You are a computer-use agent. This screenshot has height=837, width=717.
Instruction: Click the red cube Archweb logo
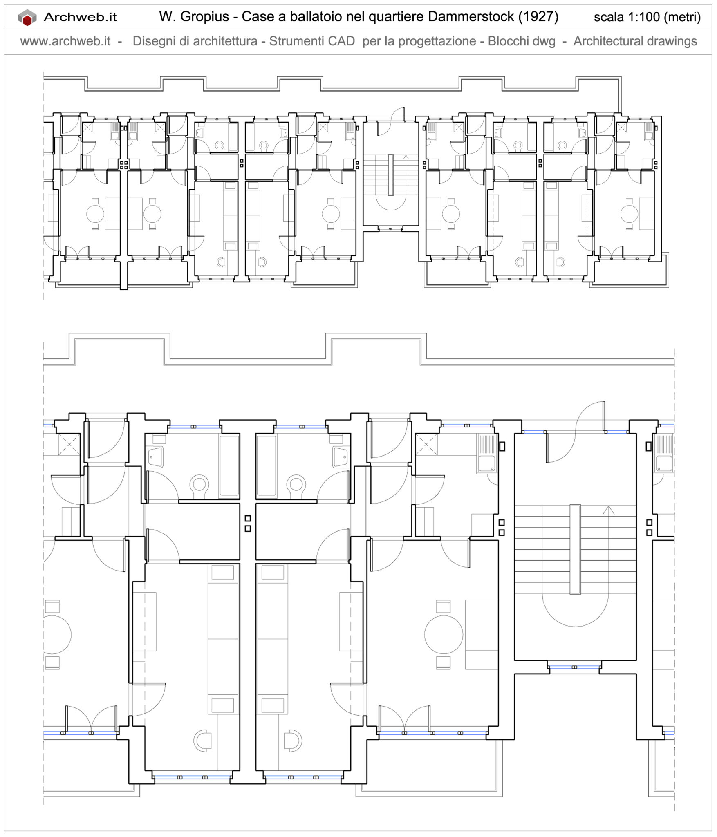[x=27, y=18]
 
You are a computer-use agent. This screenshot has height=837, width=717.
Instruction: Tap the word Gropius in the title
[x=204, y=17]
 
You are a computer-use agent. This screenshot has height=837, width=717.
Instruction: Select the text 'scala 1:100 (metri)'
[x=647, y=17]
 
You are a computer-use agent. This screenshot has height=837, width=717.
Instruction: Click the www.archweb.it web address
[x=65, y=41]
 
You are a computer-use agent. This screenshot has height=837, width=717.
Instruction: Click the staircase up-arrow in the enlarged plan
[x=609, y=510]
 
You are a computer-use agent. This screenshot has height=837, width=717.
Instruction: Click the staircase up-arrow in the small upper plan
[x=406, y=157]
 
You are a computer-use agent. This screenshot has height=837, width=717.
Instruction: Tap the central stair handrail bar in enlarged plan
[x=575, y=549]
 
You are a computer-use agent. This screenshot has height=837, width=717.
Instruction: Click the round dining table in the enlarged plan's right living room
[x=444, y=635]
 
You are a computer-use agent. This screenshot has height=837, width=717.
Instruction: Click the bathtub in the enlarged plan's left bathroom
[x=229, y=466]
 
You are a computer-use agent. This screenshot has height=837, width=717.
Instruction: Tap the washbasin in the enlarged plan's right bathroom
[x=341, y=457]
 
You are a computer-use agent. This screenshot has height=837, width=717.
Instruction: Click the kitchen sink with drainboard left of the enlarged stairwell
[x=487, y=454]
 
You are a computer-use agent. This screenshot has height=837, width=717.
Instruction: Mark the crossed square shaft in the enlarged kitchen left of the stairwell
[x=426, y=444]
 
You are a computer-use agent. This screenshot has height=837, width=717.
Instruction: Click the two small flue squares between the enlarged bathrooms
[x=248, y=524]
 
